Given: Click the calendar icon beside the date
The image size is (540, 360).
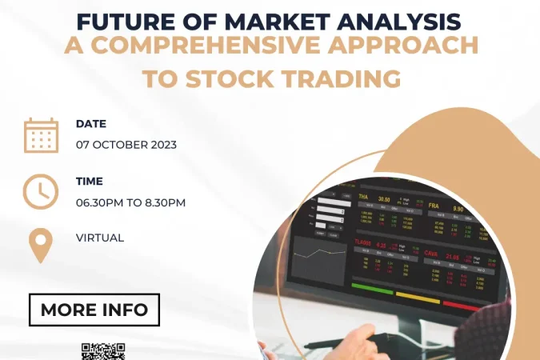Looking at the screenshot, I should [x=41, y=134].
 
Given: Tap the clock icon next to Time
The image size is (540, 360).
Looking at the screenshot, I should [x=41, y=191].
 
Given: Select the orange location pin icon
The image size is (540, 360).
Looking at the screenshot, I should [x=41, y=245].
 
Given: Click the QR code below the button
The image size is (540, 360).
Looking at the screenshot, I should [x=103, y=352].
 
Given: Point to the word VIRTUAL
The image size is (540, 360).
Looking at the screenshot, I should [x=100, y=238].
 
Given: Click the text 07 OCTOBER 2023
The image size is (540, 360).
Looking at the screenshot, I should [x=126, y=145].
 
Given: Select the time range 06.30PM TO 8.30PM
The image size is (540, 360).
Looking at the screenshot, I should [x=130, y=202].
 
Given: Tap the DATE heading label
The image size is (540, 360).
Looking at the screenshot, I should [x=90, y=124].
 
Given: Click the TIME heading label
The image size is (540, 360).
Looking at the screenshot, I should [x=89, y=182].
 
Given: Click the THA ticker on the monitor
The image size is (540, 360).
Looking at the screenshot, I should [x=363, y=197].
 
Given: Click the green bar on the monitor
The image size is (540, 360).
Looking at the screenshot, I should [x=372, y=289].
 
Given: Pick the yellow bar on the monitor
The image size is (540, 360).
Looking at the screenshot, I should [x=418, y=297].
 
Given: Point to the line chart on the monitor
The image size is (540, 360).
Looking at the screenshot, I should [x=314, y=255].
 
